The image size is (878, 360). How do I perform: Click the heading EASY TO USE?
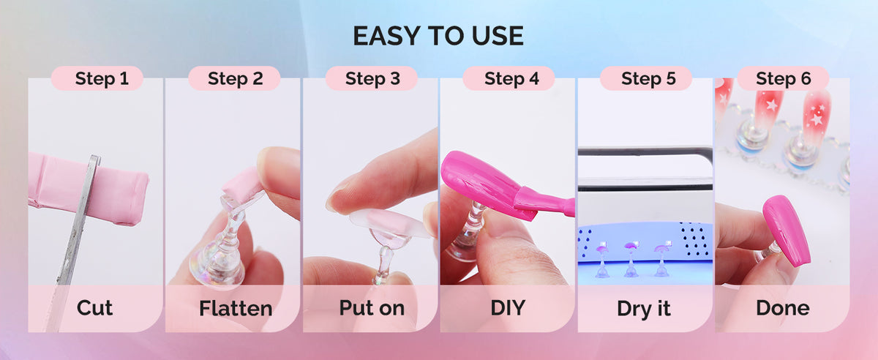tap(438, 36)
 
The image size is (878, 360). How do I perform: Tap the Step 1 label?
tap(102, 78)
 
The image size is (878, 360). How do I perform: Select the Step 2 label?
tap(235, 78)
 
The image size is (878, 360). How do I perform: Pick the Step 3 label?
tap(372, 78)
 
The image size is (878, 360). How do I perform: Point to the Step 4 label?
tap(511, 78)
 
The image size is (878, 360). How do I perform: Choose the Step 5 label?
tap(648, 78)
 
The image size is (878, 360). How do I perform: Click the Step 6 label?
tap(783, 78)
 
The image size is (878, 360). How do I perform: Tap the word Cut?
tap(94, 308)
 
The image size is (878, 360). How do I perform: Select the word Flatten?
tap(236, 308)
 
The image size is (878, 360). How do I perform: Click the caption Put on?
tap(372, 308)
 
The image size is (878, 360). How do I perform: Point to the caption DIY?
tap(508, 308)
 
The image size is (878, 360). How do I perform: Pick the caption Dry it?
tap(644, 309)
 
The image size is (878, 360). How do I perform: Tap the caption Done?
tap(783, 308)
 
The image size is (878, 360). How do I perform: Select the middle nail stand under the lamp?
tap(630, 260)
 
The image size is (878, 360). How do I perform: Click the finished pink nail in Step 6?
tap(787, 230)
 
